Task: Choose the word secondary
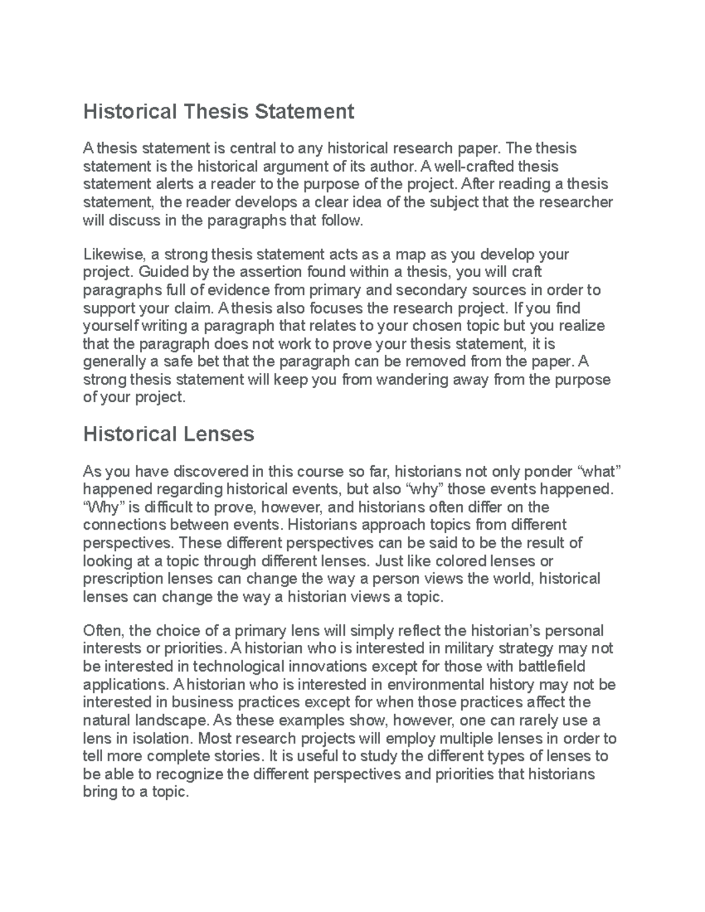(x=432, y=290)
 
